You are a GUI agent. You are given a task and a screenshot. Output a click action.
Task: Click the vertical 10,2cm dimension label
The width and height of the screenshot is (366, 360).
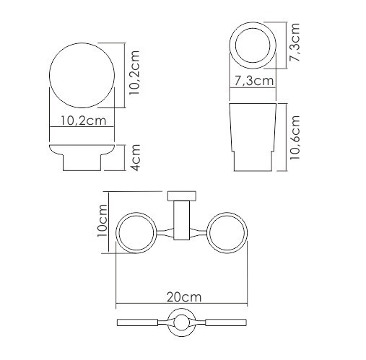[x=134, y=73]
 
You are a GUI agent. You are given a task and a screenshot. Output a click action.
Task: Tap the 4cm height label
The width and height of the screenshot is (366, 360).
[x=134, y=157]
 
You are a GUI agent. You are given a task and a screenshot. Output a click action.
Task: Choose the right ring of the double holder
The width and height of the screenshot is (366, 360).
[x=227, y=232]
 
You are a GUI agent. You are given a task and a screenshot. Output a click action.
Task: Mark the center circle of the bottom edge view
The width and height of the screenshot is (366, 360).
[x=181, y=322]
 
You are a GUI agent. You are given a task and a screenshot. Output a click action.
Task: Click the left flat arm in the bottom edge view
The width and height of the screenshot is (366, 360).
[x=141, y=322]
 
